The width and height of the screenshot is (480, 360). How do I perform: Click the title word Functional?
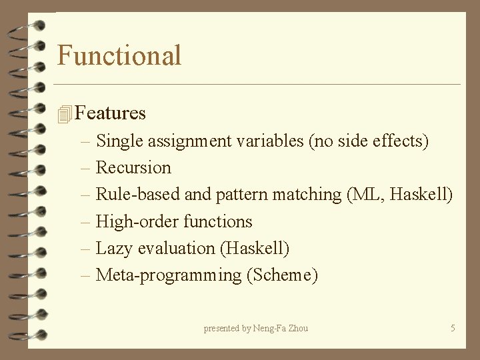119,55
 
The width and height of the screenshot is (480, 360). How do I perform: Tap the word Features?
111,113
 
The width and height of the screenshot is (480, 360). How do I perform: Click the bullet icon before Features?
64,114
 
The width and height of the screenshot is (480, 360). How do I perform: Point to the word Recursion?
133,168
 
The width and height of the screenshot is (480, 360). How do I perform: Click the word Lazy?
114,249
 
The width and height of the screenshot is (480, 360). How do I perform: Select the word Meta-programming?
169,275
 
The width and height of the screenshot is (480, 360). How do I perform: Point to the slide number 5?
453,328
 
